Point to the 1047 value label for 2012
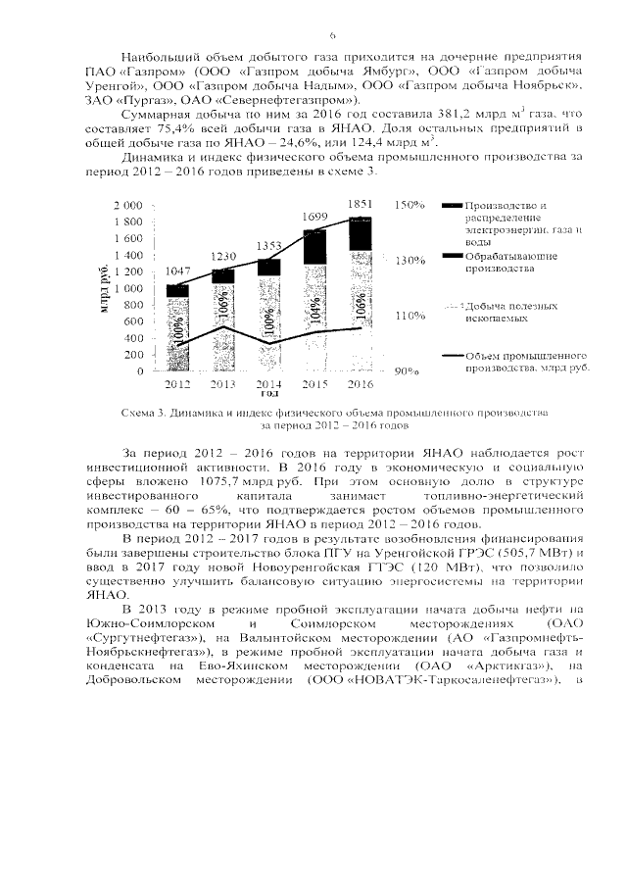(177, 270)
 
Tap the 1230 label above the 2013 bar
(223, 256)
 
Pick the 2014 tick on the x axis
(268, 383)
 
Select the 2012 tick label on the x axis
(177, 383)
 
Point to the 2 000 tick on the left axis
(128, 206)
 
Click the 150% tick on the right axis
(408, 206)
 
